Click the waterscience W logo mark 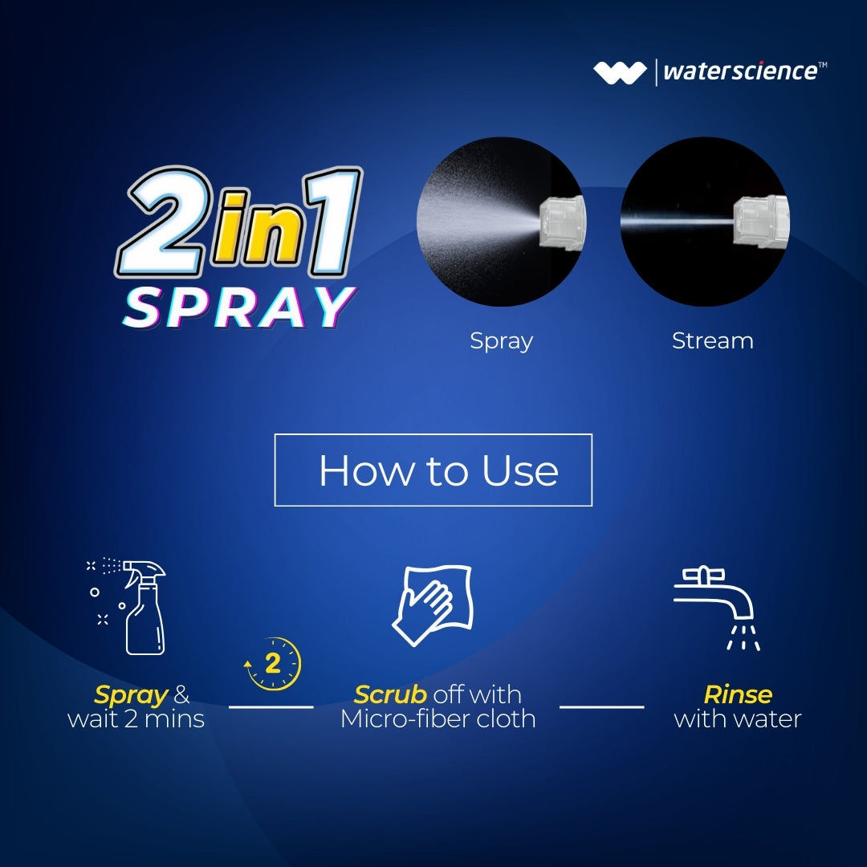[619, 72]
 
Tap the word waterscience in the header [739, 71]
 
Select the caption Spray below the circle [501, 340]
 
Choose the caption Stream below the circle [712, 340]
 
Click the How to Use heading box [433, 470]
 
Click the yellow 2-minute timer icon [274, 664]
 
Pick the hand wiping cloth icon [432, 606]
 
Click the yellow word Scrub [390, 694]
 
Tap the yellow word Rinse [738, 694]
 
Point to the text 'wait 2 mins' [136, 718]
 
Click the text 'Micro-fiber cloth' [438, 718]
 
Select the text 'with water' [738, 718]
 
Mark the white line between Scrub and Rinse [601, 707]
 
